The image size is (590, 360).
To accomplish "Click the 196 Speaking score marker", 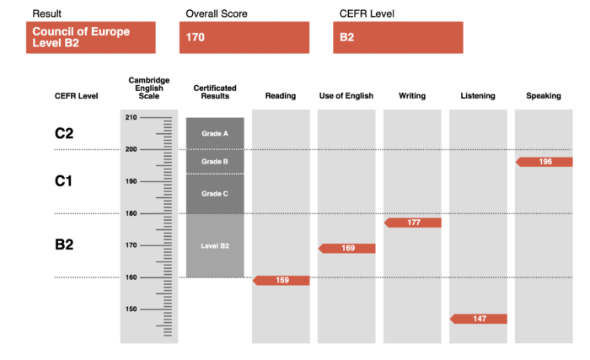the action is click(544, 162).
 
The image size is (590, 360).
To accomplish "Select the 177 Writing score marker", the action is click(413, 223).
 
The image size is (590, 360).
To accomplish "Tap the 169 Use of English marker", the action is click(347, 248).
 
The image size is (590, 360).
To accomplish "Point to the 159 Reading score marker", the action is click(281, 280).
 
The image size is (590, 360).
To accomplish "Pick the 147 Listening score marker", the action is click(479, 319).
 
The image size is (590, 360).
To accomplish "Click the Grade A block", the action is click(215, 134).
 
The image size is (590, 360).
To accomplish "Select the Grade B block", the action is click(215, 162).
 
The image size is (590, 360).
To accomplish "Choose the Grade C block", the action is click(215, 194).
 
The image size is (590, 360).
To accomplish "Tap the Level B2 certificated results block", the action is click(215, 245).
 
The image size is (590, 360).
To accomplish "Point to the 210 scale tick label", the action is click(131, 117).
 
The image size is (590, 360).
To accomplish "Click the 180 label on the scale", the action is click(131, 213).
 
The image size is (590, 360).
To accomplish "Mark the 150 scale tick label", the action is click(131, 309).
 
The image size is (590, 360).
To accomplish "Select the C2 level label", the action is click(64, 133).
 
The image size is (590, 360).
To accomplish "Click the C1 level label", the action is click(63, 181).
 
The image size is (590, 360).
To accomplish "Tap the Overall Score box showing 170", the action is click(244, 37).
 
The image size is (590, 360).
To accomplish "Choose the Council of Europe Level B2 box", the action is click(91, 37).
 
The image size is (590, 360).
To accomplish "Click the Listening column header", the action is click(478, 96).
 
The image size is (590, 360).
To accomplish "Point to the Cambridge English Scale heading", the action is click(149, 89).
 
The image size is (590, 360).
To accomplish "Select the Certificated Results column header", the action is click(215, 92).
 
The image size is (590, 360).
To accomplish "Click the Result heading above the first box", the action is click(46, 14).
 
